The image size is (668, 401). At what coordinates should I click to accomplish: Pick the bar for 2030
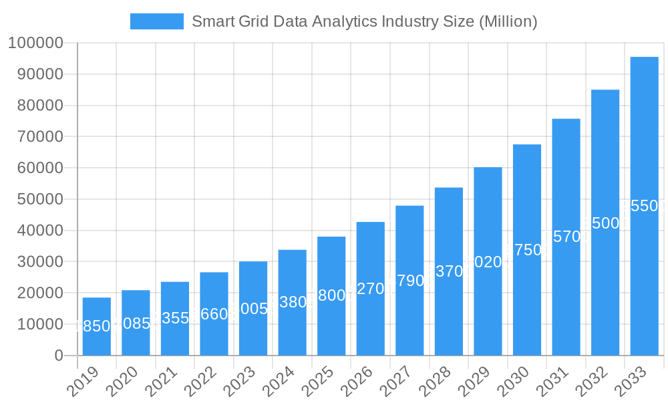527,250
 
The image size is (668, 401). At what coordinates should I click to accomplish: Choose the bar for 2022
214,314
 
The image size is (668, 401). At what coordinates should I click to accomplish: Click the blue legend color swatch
156,21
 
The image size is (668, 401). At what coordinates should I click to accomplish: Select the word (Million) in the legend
508,21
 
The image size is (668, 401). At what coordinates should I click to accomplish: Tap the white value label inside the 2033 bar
644,206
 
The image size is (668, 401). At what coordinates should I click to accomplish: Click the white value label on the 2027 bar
409,281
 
